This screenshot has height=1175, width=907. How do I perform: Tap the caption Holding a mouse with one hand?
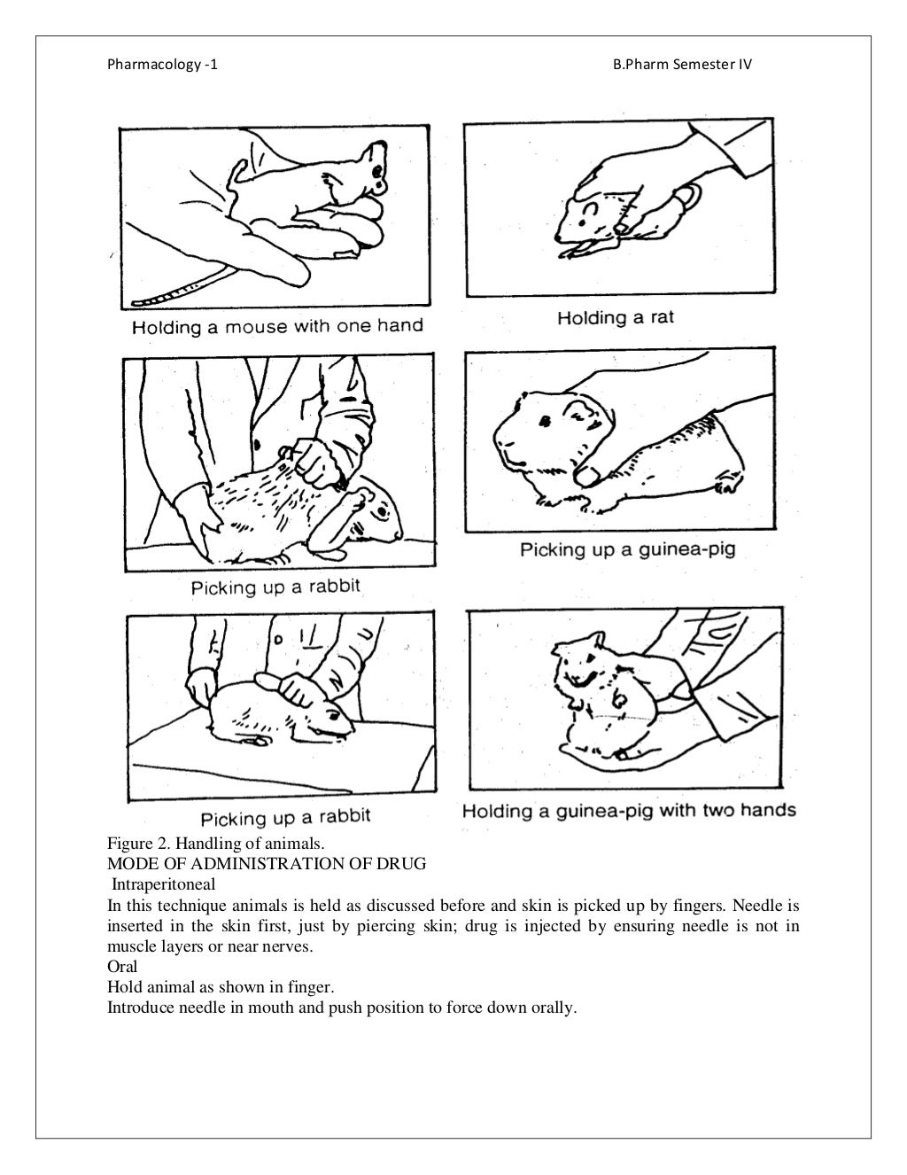pyautogui.click(x=277, y=327)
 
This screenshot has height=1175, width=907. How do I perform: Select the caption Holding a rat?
pyautogui.click(x=616, y=318)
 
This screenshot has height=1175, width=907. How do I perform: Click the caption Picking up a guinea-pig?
pyautogui.click(x=627, y=549)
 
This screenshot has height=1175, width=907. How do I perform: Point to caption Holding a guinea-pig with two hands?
pyautogui.click(x=629, y=810)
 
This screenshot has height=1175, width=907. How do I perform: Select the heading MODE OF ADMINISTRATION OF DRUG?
pyautogui.click(x=267, y=862)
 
